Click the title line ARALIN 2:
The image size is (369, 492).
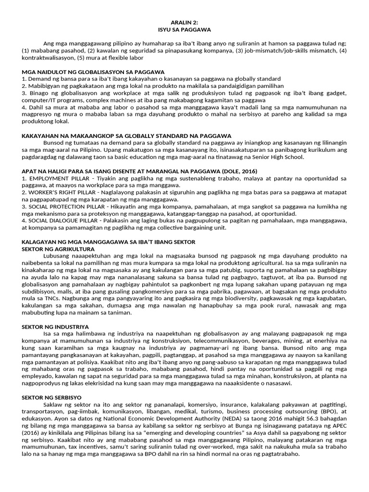click(184, 23)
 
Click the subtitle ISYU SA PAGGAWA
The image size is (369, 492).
click(184, 29)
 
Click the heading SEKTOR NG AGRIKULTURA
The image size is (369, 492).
click(59, 249)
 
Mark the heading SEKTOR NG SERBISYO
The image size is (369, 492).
click(52, 398)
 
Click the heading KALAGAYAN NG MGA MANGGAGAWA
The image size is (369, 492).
click(109, 242)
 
